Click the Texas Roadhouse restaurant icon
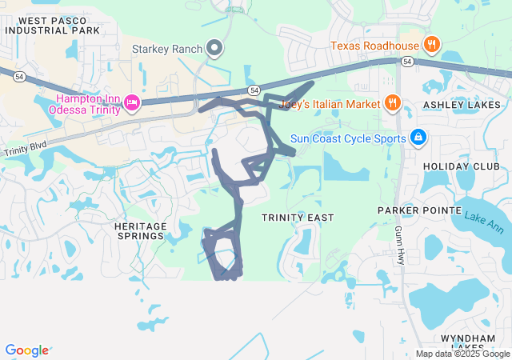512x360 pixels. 430,44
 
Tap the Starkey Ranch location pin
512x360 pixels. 214,49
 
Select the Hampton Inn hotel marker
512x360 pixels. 132,102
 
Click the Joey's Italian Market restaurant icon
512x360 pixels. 392,102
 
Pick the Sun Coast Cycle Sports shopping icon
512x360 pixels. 417,138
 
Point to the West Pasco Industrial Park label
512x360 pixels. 54,26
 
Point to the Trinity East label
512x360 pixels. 298,218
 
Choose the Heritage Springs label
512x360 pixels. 142,231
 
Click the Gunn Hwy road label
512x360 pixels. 398,245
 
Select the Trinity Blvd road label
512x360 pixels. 24,150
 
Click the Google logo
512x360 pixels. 26,350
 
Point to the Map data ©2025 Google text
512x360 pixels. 462,354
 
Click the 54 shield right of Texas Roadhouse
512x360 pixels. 407,61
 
